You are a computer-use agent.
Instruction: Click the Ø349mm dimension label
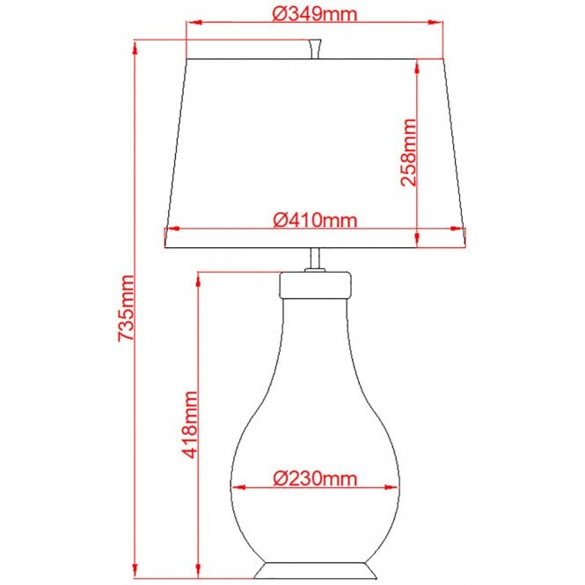314,14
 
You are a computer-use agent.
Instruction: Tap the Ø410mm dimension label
314,219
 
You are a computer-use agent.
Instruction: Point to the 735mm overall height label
125,308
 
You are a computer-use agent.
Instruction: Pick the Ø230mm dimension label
314,479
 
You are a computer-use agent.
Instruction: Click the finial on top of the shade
314,48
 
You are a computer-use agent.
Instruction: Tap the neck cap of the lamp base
314,283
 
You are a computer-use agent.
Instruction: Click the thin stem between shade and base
314,260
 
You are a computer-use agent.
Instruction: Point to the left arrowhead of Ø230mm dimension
239,486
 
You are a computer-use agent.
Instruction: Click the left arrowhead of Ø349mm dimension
193,24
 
